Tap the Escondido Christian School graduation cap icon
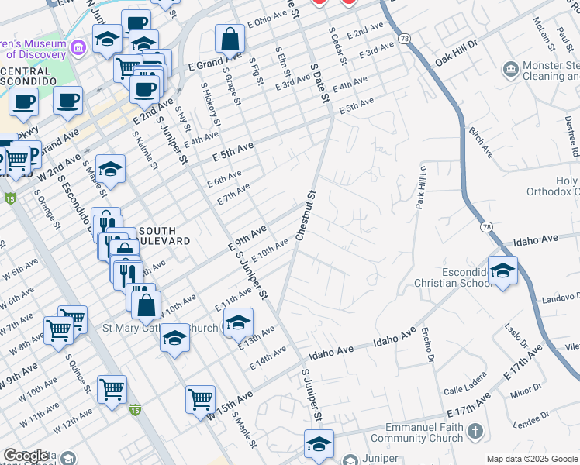click(503, 270)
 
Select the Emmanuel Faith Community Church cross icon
click(475, 431)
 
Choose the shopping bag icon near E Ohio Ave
click(230, 37)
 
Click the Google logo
click(26, 456)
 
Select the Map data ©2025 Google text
click(531, 459)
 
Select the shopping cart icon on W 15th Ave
click(200, 399)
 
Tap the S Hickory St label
click(210, 105)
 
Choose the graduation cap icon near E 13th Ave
click(238, 322)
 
